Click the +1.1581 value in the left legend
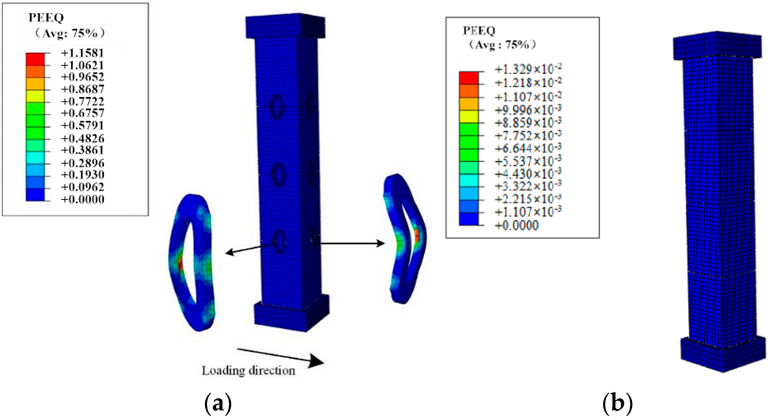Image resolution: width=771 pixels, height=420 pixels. click(82, 53)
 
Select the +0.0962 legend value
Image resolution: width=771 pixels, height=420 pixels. click(83, 187)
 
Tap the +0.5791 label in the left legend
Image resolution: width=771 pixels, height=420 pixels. click(82, 125)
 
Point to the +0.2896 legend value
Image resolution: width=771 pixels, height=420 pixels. click(83, 163)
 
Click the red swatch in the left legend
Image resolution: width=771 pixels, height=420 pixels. click(35, 59)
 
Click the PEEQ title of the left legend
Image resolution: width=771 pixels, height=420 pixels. click(46, 17)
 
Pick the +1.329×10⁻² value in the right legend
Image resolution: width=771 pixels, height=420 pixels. click(528, 69)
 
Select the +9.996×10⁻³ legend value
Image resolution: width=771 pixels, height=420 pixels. click(528, 110)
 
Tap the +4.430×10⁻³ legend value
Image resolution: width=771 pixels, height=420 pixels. click(528, 174)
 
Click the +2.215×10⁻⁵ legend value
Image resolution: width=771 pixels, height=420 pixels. click(528, 199)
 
